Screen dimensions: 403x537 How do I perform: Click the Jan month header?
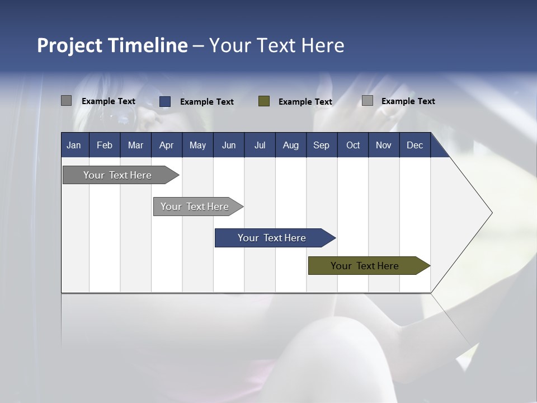point(74,145)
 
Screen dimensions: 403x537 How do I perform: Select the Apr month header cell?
point(166,145)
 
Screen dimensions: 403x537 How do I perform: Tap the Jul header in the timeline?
point(260,145)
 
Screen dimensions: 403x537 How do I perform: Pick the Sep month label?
point(321,145)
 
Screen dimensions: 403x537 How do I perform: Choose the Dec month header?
point(414,145)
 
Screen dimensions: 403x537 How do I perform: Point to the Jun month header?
point(228,145)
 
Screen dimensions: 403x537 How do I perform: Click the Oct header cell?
point(352,145)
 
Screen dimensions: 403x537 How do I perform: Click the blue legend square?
point(165,101)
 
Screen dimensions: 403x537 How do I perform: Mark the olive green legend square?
point(264,101)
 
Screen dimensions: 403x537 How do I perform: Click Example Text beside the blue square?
point(206,102)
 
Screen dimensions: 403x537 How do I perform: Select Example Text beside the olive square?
point(305,102)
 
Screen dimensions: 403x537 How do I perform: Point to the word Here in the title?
point(323,45)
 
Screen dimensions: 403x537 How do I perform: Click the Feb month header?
point(105,145)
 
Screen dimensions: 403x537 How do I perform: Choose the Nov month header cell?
point(383,145)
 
